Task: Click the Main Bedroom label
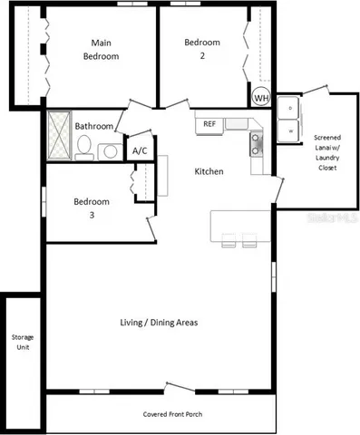(x=102, y=49)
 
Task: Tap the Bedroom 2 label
(x=202, y=49)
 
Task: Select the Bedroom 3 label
(x=92, y=208)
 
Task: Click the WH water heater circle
(x=261, y=97)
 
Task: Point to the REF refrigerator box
(x=209, y=124)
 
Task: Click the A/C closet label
(x=141, y=150)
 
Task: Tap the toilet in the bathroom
(x=83, y=146)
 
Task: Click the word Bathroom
(x=93, y=127)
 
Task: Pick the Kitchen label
(x=209, y=171)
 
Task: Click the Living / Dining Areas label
(x=159, y=323)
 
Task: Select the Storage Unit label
(x=21, y=342)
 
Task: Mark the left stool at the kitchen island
(x=227, y=240)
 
